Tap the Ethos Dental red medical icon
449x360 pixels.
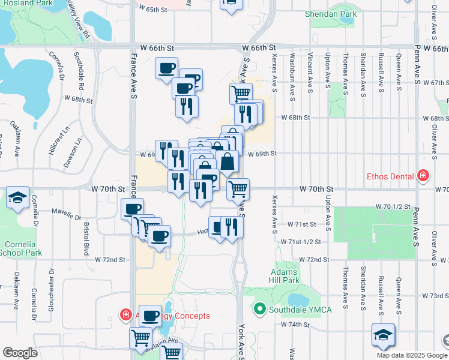pyautogui.click(x=424, y=176)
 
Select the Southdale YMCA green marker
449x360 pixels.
pyautogui.click(x=260, y=309)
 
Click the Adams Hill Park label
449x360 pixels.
pyautogui.click(x=285, y=276)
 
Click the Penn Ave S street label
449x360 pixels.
pyautogui.click(x=415, y=72)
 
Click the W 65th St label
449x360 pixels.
pyautogui.click(x=151, y=10)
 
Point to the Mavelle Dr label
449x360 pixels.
pyautogui.click(x=66, y=213)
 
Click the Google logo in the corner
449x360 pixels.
pyautogui.click(x=20, y=352)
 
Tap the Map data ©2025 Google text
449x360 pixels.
pyautogui.click(x=412, y=355)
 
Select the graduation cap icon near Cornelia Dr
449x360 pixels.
pyautogui.click(x=18, y=197)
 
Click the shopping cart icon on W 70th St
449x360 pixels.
pyautogui.click(x=238, y=188)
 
